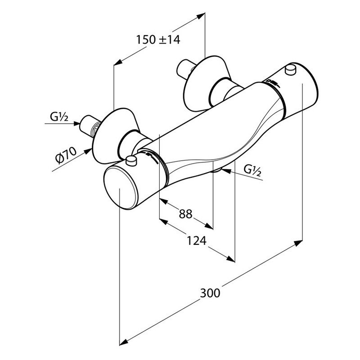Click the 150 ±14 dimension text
(158, 40)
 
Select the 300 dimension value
(210, 293)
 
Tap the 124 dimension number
(197, 241)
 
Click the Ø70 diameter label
(66, 155)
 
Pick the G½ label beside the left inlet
(59, 117)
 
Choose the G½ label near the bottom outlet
(252, 170)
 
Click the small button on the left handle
(131, 161)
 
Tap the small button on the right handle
(290, 70)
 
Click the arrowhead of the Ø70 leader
(88, 151)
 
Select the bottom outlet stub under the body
(216, 170)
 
